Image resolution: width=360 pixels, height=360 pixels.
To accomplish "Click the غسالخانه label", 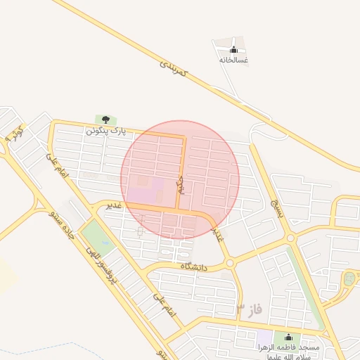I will [233, 60].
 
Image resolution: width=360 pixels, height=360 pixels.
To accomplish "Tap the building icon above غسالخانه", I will [233, 49].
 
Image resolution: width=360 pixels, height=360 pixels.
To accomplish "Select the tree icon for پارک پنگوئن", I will [105, 120].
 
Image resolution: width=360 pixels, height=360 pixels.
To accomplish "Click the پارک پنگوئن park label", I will [103, 131].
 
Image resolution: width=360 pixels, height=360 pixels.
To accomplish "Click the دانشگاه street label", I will [196, 266].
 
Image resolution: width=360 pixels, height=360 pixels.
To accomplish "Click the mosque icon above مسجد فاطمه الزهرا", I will [287, 338].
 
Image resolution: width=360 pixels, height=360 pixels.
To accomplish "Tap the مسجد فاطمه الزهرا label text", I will [288, 352].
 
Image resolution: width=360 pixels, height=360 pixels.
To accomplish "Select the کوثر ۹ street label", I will [14, 132].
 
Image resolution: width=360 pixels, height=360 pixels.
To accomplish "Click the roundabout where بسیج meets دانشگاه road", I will [291, 239].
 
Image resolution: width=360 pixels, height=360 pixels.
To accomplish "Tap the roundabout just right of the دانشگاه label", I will [230, 264].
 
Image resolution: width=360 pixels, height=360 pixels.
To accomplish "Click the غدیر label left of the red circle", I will [114, 205].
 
